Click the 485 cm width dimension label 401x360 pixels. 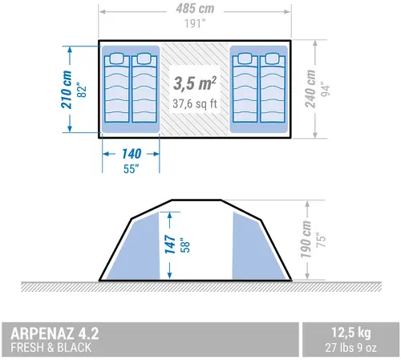[195, 9]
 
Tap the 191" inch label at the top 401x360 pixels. [195, 24]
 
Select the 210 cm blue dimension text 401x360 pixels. [67, 90]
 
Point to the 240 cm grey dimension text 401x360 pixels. [310, 89]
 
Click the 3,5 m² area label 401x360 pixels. [195, 83]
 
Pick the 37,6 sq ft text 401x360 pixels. [195, 103]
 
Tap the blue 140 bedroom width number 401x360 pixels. [132, 154]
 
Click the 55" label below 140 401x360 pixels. [131, 169]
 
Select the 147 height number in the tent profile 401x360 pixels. [170, 245]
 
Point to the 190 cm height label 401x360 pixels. [306, 240]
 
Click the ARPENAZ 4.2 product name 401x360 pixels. [55, 334]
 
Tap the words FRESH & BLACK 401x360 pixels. [51, 347]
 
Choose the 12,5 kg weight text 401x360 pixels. [351, 333]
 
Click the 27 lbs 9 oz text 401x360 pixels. [351, 348]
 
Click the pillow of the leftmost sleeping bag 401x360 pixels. [116, 59]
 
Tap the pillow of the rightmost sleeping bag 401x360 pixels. [273, 59]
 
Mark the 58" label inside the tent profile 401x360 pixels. [185, 245]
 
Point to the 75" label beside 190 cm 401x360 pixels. [321, 240]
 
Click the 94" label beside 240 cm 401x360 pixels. [326, 89]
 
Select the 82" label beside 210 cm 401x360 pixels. [82, 91]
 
